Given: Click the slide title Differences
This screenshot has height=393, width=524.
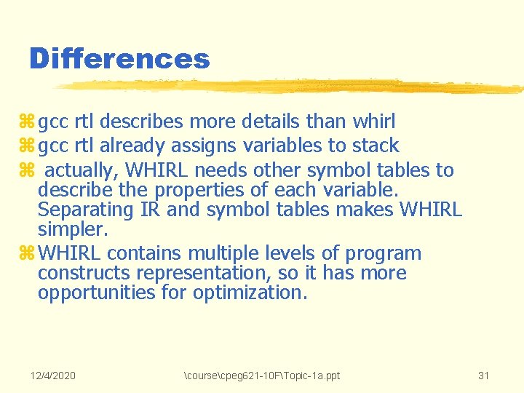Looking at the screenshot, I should pyautogui.click(x=119, y=58).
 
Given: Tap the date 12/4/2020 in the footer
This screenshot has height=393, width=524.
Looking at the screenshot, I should pyautogui.click(x=53, y=376).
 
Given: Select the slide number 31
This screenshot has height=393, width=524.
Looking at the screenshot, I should pyautogui.click(x=484, y=376).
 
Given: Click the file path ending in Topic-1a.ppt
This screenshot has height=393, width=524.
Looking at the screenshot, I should pyautogui.click(x=262, y=376).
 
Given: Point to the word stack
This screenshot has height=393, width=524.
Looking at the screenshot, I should pyautogui.click(x=374, y=146).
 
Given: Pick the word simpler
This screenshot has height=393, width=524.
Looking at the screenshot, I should pyautogui.click(x=73, y=230).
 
